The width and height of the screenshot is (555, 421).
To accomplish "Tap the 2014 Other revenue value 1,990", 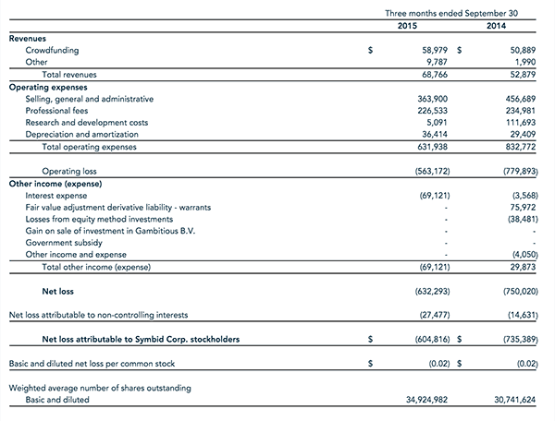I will point(525,63).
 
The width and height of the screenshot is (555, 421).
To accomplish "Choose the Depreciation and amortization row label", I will point(81,134).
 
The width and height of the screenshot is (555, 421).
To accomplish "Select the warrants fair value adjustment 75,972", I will point(523,207).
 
